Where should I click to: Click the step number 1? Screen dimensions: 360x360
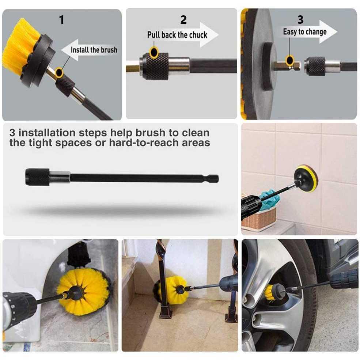point(61,20)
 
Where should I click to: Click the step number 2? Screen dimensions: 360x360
point(183,20)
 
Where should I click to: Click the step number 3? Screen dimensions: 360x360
point(300,20)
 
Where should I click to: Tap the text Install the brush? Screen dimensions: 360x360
point(94,50)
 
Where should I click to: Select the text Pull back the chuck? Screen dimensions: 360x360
point(177,35)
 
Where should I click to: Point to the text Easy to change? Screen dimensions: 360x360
point(305,32)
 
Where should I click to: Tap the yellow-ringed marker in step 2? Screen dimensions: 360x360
point(154,52)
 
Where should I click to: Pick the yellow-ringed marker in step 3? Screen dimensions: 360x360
point(290,60)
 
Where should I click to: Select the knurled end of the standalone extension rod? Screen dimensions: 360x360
point(37,177)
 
